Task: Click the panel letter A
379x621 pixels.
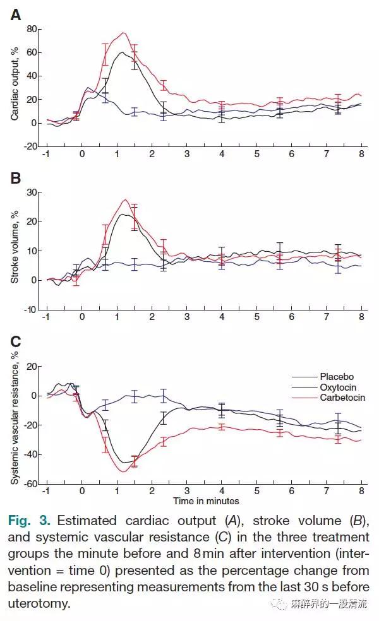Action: [16, 15]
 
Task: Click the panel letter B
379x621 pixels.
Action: [16, 178]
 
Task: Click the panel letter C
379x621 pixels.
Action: [16, 342]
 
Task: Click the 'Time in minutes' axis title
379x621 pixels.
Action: [206, 501]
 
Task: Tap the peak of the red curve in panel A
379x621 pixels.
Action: [124, 33]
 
